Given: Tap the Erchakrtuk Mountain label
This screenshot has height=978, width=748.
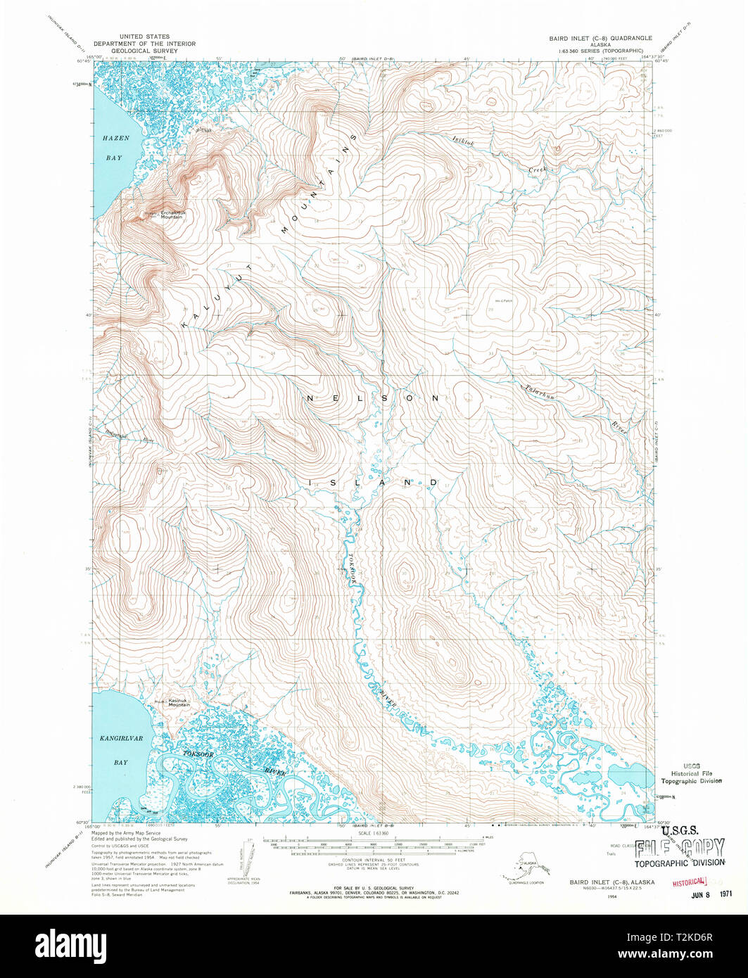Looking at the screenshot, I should (x=172, y=215).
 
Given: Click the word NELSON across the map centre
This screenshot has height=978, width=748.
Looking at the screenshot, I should (x=373, y=398).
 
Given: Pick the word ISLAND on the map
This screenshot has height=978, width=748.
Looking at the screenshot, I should (x=373, y=483).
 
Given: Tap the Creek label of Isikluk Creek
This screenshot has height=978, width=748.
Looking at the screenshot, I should (x=538, y=170).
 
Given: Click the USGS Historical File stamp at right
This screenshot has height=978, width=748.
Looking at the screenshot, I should (x=690, y=773).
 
